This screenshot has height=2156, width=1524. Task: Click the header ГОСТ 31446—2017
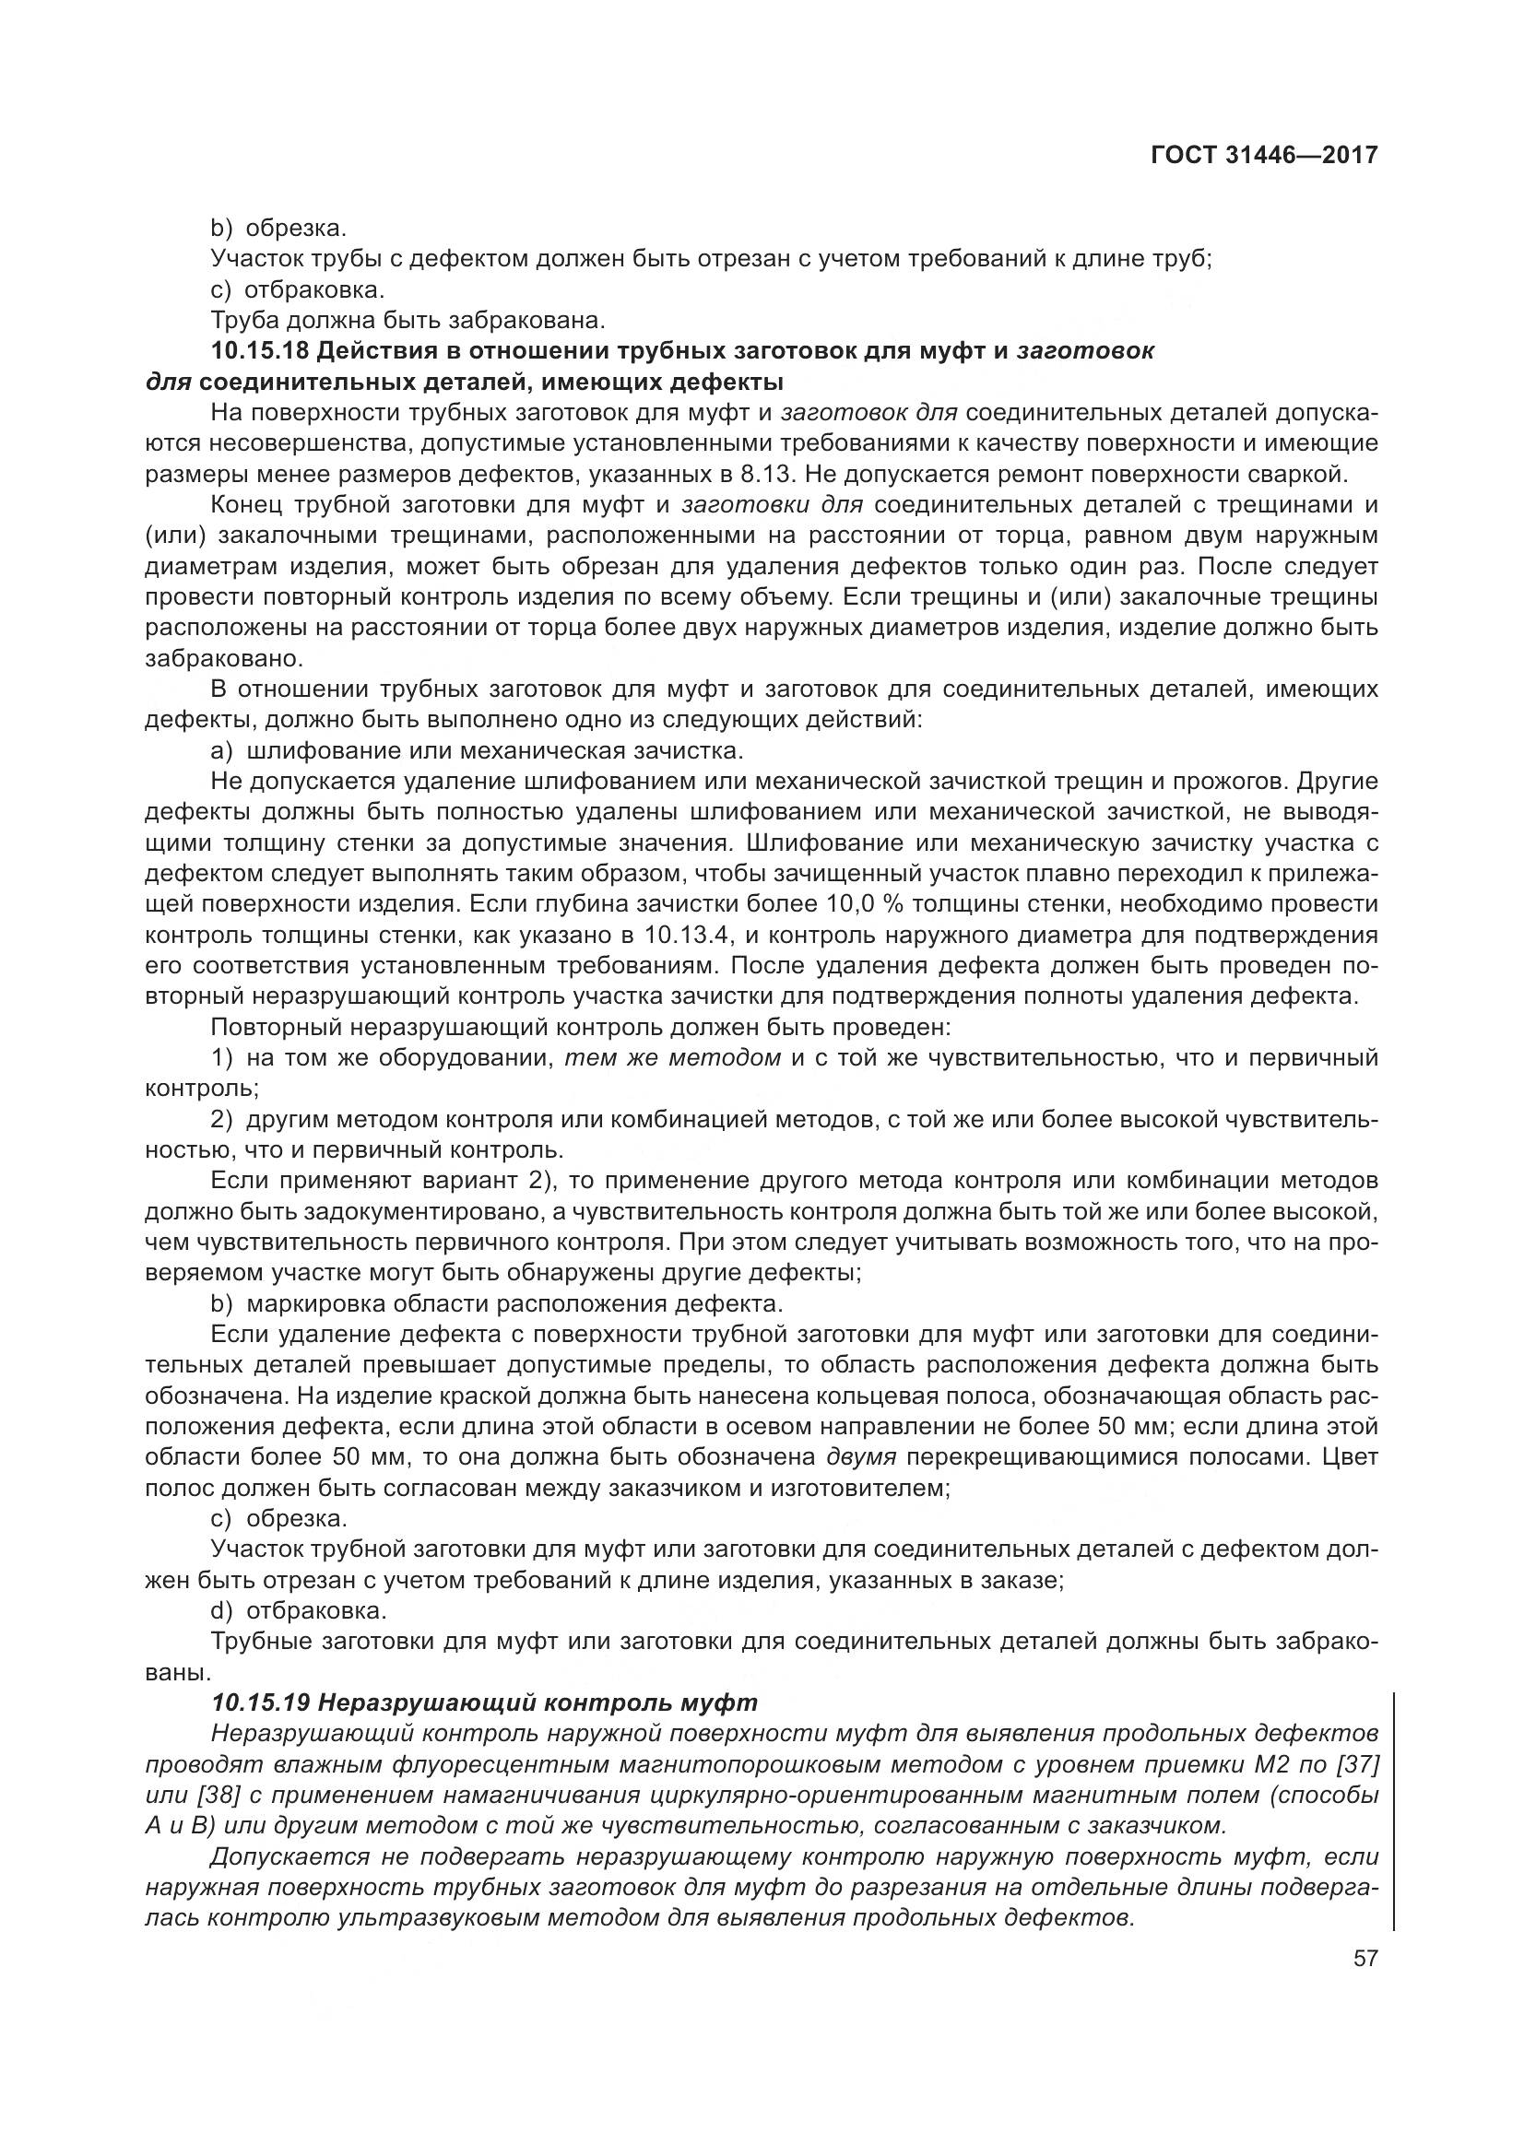(x=1264, y=155)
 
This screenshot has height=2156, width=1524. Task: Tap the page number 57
(x=1365, y=1959)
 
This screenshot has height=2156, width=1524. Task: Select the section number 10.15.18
(x=260, y=352)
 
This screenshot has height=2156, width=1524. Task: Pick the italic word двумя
(x=862, y=1457)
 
